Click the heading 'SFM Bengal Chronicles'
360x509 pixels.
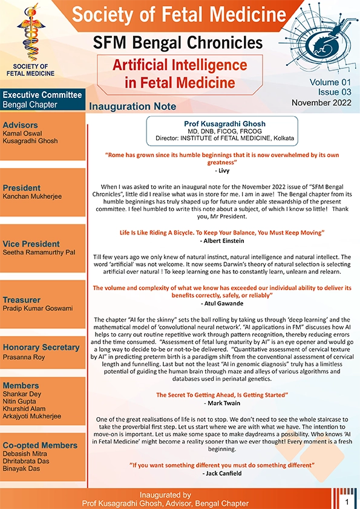point(178,42)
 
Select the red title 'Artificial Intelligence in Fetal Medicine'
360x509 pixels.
point(171,73)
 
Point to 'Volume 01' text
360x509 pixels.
point(330,82)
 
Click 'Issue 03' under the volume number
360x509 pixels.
point(335,92)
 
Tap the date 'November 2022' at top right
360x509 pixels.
point(322,103)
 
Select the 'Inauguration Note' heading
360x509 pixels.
point(133,106)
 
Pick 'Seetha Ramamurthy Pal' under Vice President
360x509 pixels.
point(39,252)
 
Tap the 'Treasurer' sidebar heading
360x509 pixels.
point(21,300)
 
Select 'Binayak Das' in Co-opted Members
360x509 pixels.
point(22,468)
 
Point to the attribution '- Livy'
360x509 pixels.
point(222,170)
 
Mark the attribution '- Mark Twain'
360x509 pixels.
point(222,402)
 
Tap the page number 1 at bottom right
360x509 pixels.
point(347,502)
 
